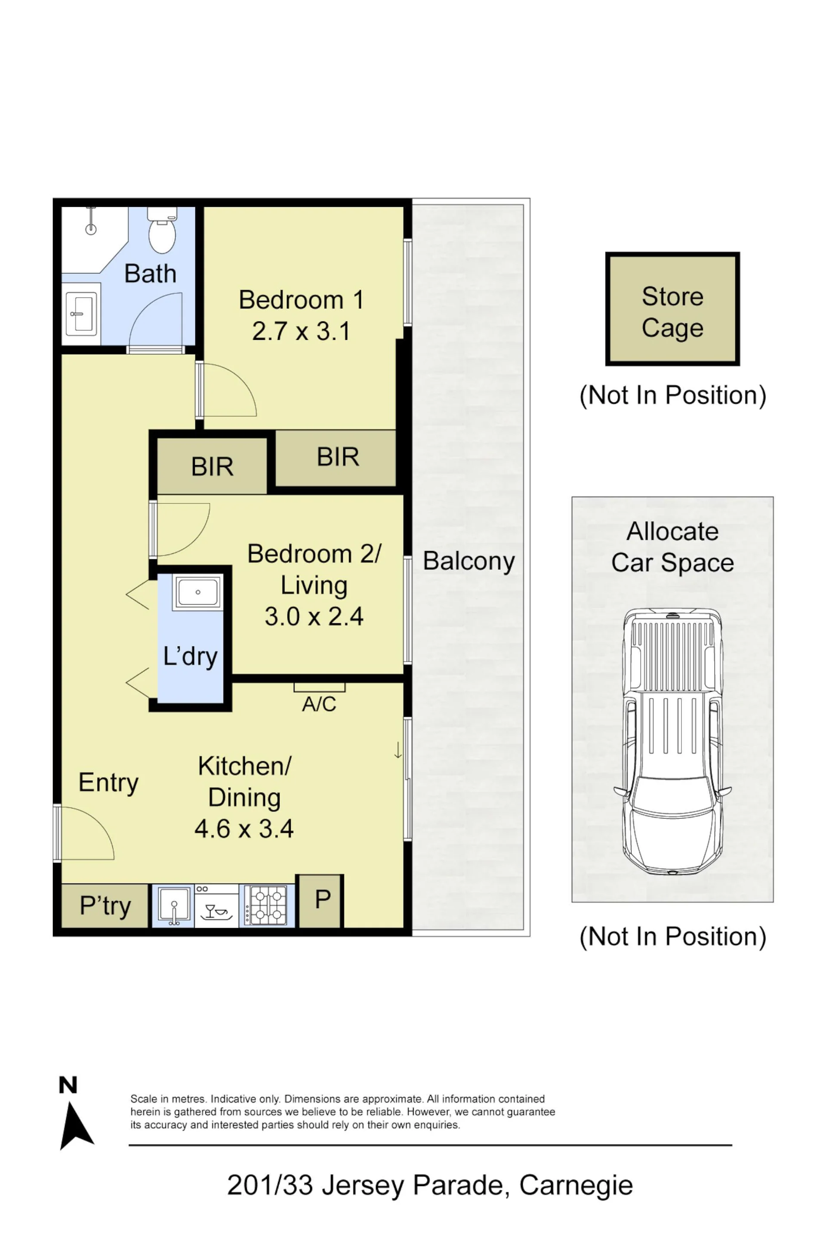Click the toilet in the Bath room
(162, 230)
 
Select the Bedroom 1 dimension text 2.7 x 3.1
(301, 331)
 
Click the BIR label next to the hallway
(212, 466)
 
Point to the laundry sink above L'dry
(198, 592)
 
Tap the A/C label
(319, 704)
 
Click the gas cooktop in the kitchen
(268, 906)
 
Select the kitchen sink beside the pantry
(173, 906)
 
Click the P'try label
(105, 906)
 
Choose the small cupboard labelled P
(322, 900)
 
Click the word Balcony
(469, 561)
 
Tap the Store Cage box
(672, 309)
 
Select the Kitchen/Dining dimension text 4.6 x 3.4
(244, 829)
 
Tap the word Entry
(108, 783)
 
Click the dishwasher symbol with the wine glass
(217, 906)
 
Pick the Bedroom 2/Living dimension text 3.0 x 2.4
(314, 616)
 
